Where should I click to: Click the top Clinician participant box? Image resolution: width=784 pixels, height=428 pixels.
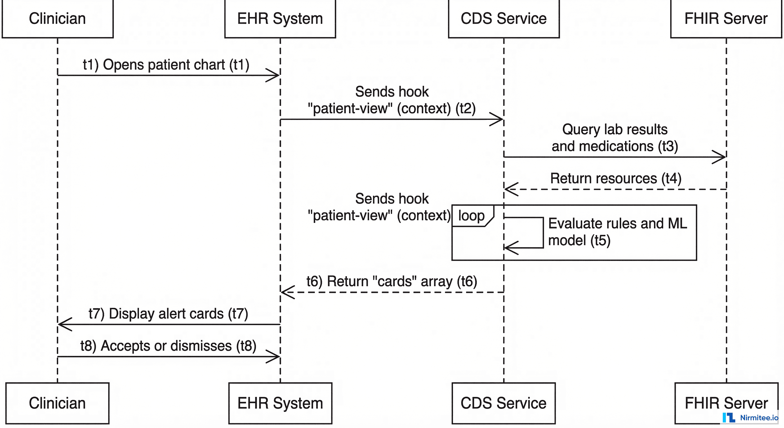(x=58, y=19)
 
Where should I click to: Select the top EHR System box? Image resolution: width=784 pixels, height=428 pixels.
(x=280, y=19)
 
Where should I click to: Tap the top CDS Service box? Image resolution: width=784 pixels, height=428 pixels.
(x=504, y=19)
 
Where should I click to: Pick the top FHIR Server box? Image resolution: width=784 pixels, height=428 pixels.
(x=726, y=19)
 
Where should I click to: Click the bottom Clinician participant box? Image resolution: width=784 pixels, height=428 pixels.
(x=58, y=403)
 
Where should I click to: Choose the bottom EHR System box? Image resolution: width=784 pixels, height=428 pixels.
(x=280, y=403)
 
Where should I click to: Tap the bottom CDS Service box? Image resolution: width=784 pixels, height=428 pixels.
(x=504, y=403)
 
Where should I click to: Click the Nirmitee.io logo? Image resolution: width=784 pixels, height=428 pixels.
(x=751, y=418)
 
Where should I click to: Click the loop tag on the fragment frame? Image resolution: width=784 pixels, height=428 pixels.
(x=471, y=216)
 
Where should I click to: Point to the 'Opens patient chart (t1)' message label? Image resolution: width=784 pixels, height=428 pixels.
(x=166, y=65)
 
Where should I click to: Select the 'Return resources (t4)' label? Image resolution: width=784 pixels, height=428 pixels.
(x=616, y=178)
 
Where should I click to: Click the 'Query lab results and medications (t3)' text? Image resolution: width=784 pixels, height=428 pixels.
(x=615, y=138)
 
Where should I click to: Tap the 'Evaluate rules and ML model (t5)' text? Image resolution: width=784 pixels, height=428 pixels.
(x=617, y=232)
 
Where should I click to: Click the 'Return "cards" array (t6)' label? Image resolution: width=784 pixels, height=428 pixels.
(x=392, y=281)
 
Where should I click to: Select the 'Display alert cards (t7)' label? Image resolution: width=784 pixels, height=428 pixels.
(x=168, y=313)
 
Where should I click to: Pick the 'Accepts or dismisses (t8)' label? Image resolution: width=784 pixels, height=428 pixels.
(x=168, y=346)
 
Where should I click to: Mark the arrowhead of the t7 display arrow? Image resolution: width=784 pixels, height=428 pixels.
(x=65, y=324)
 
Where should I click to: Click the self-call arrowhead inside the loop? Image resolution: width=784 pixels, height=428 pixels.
(x=511, y=248)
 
